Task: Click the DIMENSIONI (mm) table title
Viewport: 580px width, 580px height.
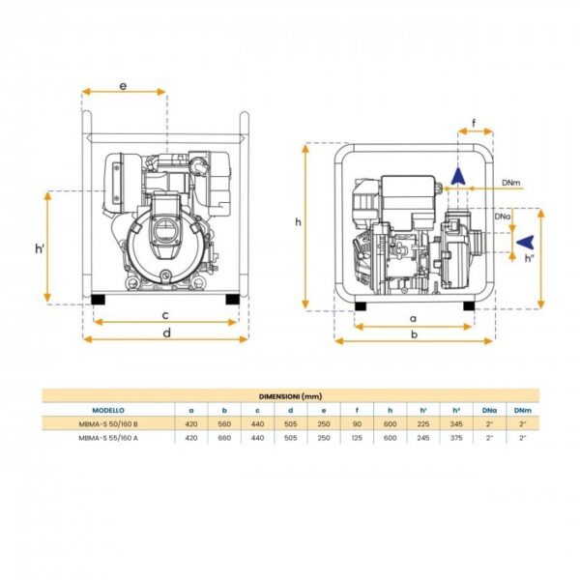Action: [290, 396]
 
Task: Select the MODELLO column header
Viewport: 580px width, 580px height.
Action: [108, 410]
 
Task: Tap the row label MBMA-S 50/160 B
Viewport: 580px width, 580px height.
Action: [108, 424]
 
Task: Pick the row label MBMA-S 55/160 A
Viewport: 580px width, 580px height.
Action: [108, 438]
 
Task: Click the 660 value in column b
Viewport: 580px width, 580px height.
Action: [224, 438]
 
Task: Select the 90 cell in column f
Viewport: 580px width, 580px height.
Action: [357, 424]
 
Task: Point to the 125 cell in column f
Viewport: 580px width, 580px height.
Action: [357, 438]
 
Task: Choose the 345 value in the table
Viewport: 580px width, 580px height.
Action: [456, 424]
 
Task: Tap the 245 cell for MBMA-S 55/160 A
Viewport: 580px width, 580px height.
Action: [423, 438]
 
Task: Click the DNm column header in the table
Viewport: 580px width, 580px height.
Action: [523, 410]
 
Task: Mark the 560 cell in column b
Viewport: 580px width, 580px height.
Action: [224, 424]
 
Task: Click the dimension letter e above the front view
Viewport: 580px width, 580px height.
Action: [123, 86]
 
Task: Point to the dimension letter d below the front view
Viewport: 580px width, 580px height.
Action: [167, 333]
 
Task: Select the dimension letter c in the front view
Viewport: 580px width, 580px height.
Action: [165, 315]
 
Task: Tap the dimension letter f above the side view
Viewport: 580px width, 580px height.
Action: [474, 123]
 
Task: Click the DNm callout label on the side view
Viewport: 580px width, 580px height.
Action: [510, 183]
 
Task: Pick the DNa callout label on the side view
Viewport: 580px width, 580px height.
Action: [503, 217]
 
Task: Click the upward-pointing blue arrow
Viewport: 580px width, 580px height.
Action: [458, 176]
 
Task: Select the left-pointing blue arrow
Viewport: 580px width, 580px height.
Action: [525, 242]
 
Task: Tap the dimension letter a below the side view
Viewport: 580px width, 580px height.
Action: [413, 318]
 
